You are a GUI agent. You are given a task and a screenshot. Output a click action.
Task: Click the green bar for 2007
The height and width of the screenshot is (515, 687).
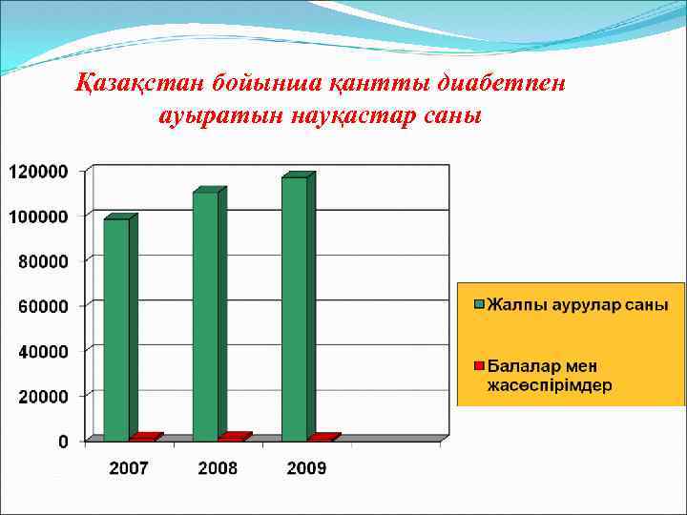[x=115, y=329]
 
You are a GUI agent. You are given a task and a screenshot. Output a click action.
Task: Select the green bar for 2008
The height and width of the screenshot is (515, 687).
[x=204, y=316]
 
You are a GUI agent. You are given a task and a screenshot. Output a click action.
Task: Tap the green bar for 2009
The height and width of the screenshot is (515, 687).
[x=294, y=308]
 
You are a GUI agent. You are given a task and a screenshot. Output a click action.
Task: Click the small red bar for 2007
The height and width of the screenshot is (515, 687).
[x=143, y=438]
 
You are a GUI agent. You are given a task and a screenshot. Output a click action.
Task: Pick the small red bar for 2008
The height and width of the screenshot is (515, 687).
[x=233, y=437]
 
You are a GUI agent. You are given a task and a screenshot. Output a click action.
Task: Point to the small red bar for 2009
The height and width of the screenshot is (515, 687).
[x=322, y=438]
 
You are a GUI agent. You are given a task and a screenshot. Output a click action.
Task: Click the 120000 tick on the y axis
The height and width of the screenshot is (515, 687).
[x=38, y=172]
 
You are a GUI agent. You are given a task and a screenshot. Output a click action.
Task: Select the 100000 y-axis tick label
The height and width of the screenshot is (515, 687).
[x=38, y=216]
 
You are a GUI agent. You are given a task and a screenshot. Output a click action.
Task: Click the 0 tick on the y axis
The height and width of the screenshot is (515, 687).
[x=63, y=441]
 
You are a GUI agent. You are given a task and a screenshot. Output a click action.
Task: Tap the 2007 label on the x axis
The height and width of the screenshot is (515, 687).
[x=128, y=468]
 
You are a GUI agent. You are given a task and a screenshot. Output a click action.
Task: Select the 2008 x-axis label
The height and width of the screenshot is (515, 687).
[x=218, y=468]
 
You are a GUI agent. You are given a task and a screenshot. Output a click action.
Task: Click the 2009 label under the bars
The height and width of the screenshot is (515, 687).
[x=306, y=468]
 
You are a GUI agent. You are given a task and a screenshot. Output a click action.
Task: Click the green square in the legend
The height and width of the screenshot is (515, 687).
[x=480, y=305]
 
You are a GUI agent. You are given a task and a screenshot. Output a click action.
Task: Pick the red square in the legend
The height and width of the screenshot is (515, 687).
[x=480, y=365]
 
